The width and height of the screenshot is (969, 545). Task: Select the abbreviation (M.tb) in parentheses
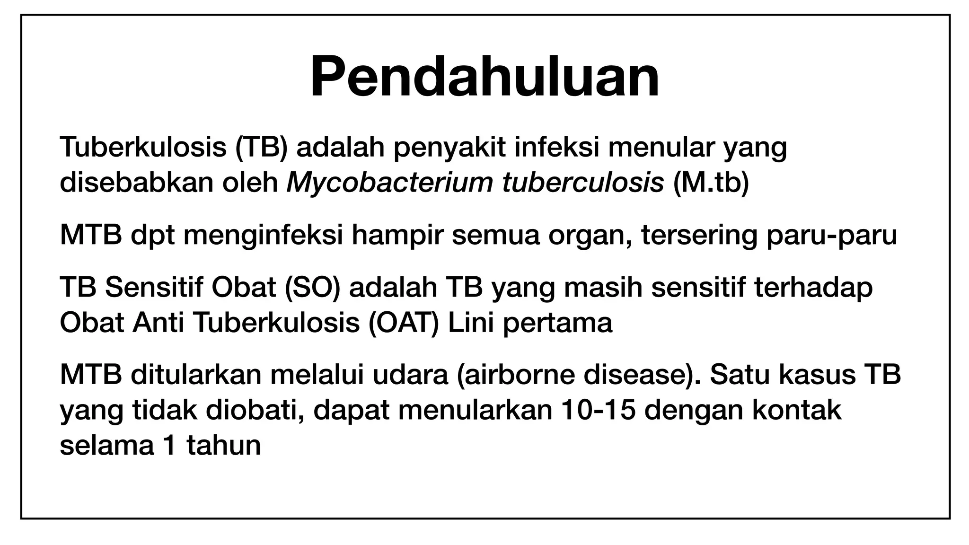click(x=711, y=183)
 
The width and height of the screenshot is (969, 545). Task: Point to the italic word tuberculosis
click(x=583, y=183)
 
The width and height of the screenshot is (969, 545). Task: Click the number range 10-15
click(x=598, y=410)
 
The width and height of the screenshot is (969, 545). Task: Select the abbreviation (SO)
click(x=313, y=288)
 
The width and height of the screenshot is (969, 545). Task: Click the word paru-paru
click(x=831, y=236)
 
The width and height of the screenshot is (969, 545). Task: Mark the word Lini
click(x=471, y=323)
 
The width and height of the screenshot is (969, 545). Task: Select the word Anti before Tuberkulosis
click(x=159, y=323)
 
